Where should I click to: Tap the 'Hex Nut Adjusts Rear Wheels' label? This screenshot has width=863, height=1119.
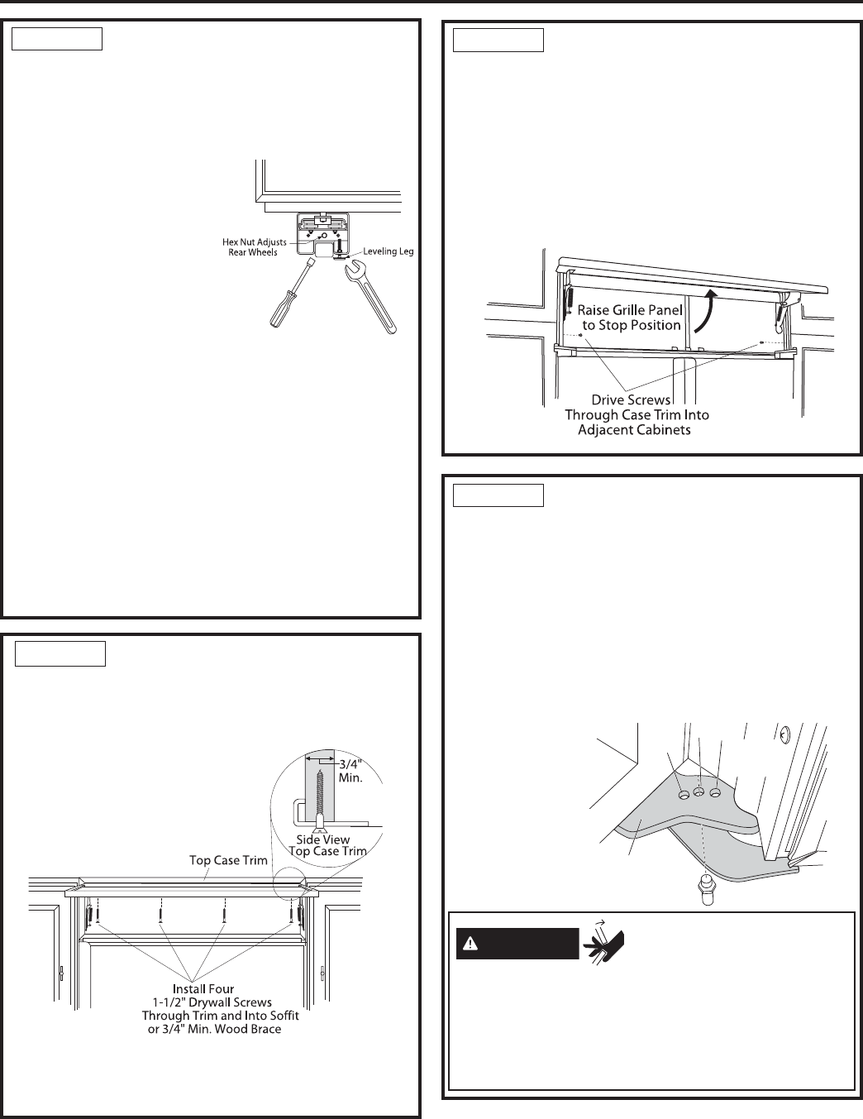point(250,246)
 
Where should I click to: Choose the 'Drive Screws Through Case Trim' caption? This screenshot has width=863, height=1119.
point(637,414)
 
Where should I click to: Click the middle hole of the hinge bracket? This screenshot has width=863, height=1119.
point(699,792)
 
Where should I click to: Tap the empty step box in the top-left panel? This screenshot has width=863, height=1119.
point(57,39)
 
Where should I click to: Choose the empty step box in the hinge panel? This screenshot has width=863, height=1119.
point(498,495)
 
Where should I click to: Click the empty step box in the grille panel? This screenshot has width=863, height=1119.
point(498,40)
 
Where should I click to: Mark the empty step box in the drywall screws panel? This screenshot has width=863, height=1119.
point(60,654)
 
